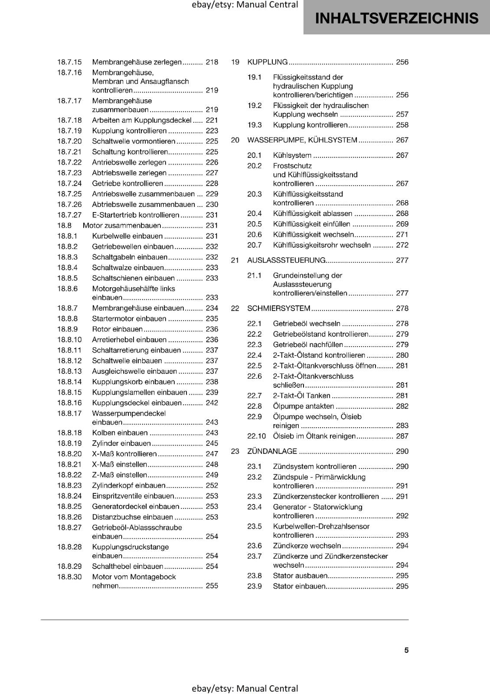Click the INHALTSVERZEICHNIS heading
396,18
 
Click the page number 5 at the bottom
406,650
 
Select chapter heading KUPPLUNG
267,62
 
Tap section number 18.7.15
69,62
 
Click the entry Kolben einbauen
120,433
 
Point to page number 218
212,62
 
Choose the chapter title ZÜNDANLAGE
272,451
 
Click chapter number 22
235,308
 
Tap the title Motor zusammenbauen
121,226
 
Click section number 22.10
256,436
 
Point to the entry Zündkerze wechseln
307,546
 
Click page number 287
402,436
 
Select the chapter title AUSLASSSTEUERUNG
286,260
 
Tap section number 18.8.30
69,577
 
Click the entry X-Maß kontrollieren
124,454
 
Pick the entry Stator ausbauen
300,576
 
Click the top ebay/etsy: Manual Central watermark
245,5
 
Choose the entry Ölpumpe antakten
303,406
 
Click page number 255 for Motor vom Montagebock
212,586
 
